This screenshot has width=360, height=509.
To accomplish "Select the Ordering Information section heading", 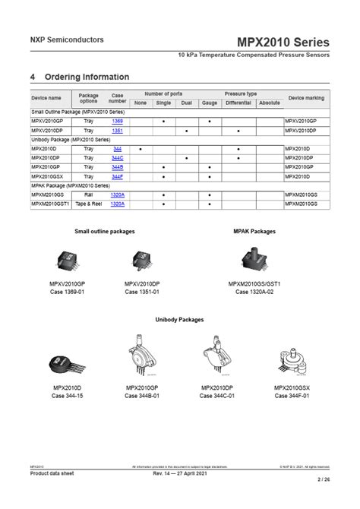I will click(x=79, y=77).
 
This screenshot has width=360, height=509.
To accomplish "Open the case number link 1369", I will click(x=117, y=121).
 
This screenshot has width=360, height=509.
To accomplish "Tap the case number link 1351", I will click(x=117, y=131).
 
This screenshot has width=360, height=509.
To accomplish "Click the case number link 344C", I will click(x=117, y=157).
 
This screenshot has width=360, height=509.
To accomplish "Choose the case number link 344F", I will click(x=117, y=175).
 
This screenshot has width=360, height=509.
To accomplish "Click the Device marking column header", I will click(x=306, y=98).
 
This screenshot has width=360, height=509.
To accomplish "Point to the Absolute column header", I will click(x=269, y=103).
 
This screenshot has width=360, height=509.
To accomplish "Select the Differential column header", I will click(x=238, y=103).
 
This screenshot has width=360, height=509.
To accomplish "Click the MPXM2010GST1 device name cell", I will click(x=50, y=204).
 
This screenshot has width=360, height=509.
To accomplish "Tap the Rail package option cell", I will click(x=88, y=194).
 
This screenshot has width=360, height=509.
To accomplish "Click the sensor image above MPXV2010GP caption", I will click(x=67, y=262).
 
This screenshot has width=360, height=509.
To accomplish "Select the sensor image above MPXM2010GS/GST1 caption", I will click(x=254, y=261).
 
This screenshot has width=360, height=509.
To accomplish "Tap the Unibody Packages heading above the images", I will click(x=180, y=320).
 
